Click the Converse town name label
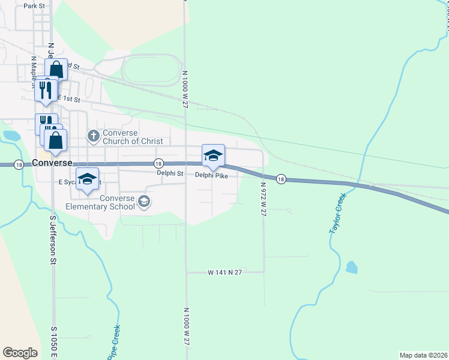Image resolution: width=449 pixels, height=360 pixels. (53, 163)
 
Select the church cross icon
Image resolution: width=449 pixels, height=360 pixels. (92, 136)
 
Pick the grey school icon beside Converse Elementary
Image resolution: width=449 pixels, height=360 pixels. (143, 202)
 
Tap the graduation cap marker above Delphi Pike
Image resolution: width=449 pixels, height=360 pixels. (213, 156)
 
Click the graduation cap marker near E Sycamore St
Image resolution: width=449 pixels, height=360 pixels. (87, 179)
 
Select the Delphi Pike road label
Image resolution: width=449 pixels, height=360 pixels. (211, 175)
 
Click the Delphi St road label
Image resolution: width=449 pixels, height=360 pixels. (169, 173)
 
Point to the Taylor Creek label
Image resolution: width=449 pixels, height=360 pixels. (337, 213)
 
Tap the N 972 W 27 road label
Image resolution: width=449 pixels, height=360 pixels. (263, 200)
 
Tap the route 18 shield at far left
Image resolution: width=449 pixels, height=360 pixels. (19, 164)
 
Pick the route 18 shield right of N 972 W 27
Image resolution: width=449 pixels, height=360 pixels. (280, 179)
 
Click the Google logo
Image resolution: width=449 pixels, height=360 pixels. (20, 352)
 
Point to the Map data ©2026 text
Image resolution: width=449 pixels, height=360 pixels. (423, 355)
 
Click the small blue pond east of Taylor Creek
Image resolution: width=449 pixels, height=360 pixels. (352, 266)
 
